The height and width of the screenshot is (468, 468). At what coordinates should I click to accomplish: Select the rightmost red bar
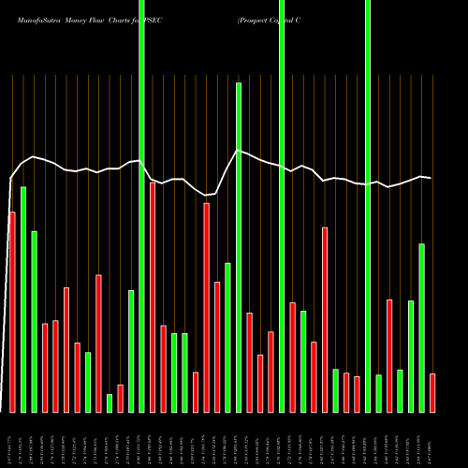coord(432,392)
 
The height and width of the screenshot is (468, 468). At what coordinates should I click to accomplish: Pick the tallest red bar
coord(153,297)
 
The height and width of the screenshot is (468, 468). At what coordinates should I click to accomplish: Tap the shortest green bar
coord(110,402)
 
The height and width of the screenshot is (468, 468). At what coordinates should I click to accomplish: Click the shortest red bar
coord(120,398)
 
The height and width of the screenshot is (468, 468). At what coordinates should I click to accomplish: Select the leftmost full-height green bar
coord(141,206)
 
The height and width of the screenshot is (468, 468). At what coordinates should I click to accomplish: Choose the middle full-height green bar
coord(282,206)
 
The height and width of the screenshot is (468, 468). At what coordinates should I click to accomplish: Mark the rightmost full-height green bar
coord(368,206)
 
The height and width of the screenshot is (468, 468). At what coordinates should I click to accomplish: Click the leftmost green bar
coord(23,300)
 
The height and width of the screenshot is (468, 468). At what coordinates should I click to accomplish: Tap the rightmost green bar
coord(422,328)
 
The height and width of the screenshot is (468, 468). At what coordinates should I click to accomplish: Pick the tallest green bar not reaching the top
coord(239,247)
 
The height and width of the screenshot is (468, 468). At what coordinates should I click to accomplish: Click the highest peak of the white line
coord(238,150)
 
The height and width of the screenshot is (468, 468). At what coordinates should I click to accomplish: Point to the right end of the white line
coord(431,178)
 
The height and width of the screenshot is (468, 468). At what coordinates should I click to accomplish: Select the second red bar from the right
coord(389,356)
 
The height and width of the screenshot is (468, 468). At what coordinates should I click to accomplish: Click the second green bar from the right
coord(411,356)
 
